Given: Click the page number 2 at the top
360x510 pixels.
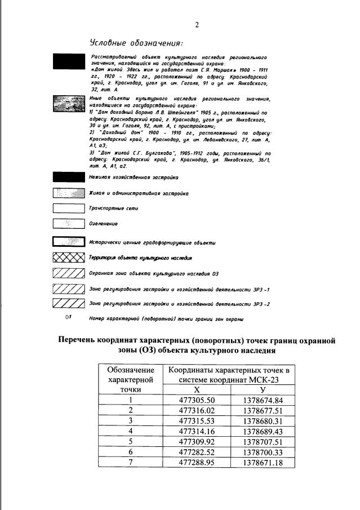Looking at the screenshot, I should click(x=197, y=25).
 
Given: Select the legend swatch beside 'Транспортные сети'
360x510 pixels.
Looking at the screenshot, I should click(x=68, y=208).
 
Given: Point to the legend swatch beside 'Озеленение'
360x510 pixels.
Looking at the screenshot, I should click(x=68, y=223).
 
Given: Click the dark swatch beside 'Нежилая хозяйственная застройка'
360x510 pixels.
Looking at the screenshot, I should click(x=68, y=176).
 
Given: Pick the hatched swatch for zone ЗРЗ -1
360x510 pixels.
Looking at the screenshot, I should click(x=68, y=289).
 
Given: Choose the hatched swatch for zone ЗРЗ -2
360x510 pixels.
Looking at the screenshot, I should click(x=68, y=304).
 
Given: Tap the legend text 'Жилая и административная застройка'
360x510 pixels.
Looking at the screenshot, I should click(x=138, y=193).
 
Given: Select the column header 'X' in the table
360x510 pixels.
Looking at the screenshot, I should click(x=197, y=389).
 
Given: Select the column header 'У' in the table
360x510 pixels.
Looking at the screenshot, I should click(x=263, y=389).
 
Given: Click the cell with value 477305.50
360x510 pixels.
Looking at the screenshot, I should click(x=197, y=400).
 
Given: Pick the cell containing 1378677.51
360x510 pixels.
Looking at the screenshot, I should click(x=263, y=410).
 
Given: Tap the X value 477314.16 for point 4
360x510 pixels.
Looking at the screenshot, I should click(x=197, y=431).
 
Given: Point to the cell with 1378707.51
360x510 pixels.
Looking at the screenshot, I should click(x=263, y=441).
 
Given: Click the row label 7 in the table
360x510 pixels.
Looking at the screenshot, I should click(x=130, y=462).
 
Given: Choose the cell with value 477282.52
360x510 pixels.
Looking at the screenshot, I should click(x=197, y=452).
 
